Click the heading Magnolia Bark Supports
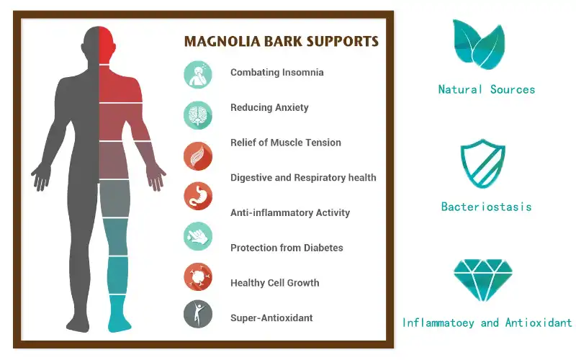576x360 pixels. pos(281,41)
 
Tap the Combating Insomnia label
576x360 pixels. pos(276,72)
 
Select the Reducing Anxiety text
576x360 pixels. pos(269,107)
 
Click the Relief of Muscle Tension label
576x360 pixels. pos(285,143)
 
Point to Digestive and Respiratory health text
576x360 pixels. pos(303,177)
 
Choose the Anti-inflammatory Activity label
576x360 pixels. pos(289,212)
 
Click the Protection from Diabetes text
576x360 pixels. pos(287,248)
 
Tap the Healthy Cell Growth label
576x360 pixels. pos(274,283)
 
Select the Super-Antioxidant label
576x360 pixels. pos(271,318)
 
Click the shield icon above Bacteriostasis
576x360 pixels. pos(482,164)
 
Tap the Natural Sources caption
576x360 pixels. pos(487,90)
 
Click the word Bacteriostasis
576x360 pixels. pos(487,207)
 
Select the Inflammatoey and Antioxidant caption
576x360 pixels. pos(487,323)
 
